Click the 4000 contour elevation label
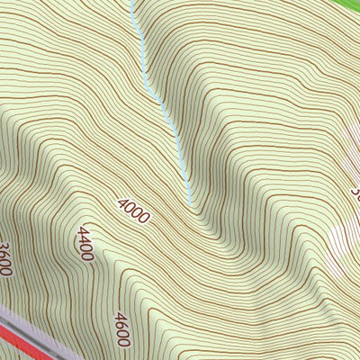tap(133, 210)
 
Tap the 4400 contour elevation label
tap(84, 243)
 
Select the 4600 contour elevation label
tap(123, 328)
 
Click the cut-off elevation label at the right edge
tap(355, 192)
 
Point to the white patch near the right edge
tap(342, 238)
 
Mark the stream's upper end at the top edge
tap(132, 3)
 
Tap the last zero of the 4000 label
tap(143, 217)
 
